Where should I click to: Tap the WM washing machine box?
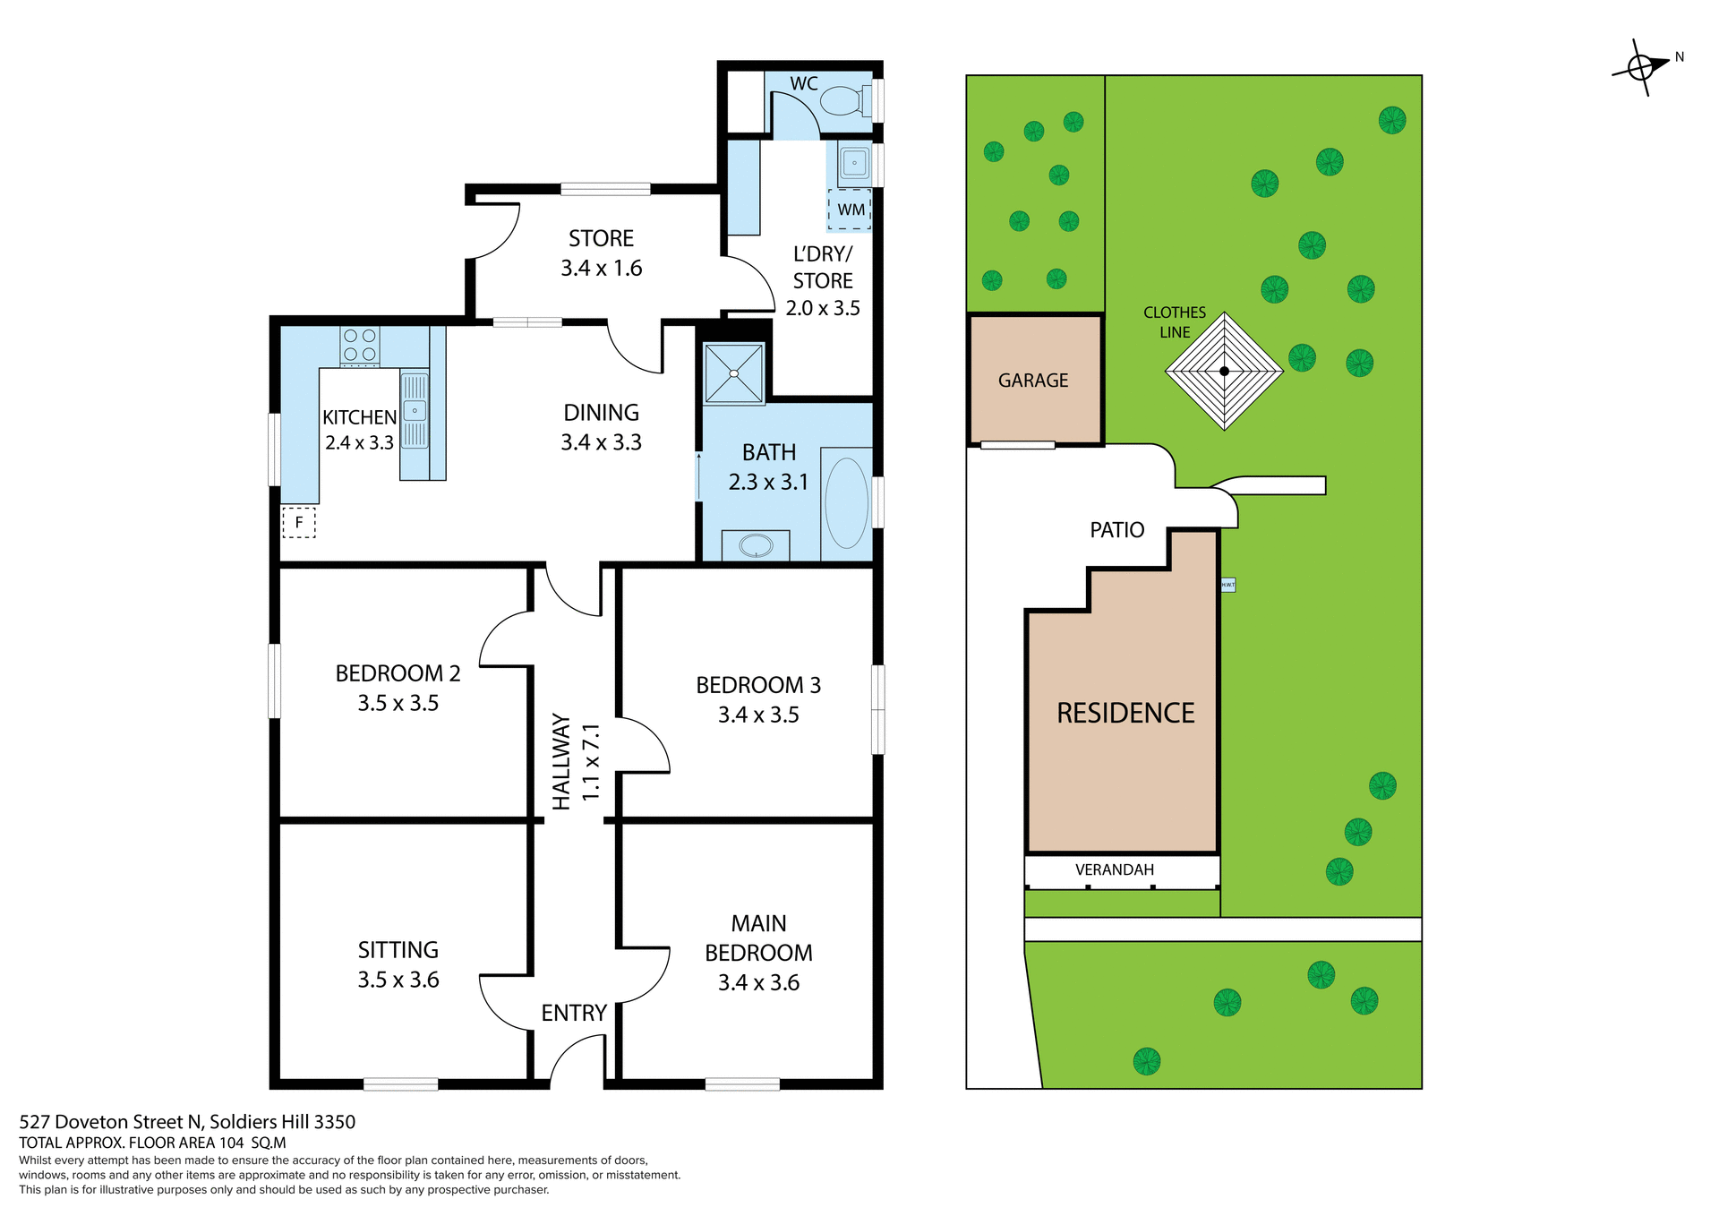coord(850,210)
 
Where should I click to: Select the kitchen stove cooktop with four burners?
coord(360,346)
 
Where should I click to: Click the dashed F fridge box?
coord(299,522)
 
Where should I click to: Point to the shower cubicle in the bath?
coord(734,373)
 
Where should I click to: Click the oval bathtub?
coord(846,503)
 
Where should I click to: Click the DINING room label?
coord(601,413)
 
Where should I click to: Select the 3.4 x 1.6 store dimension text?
coord(601,269)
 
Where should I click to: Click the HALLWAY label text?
coord(561,761)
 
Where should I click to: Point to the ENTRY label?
coord(574,1013)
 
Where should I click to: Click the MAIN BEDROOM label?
coord(758,938)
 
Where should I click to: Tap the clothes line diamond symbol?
coord(1224,371)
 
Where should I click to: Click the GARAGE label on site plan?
coord(1033,381)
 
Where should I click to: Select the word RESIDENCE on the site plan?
coord(1125,713)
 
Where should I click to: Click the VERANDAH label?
coord(1115,869)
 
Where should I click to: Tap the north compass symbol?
coord(1640,67)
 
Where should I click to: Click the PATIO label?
coord(1116,530)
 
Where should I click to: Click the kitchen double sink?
coord(415,410)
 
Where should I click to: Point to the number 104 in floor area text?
coord(231,1143)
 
